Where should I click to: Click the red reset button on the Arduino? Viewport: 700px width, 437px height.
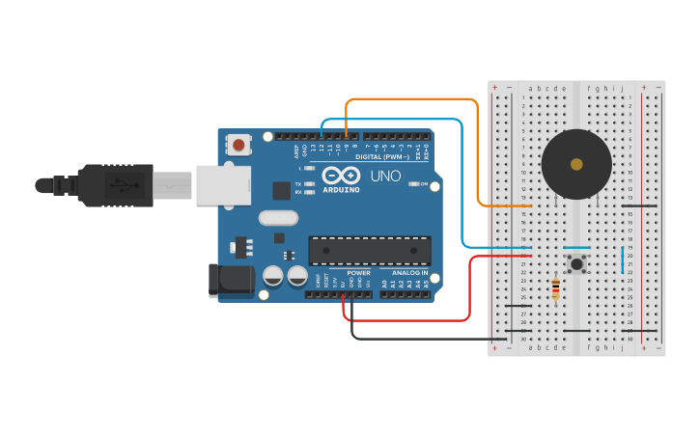(x=238, y=146)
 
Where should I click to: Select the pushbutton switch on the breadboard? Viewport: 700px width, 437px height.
(x=576, y=263)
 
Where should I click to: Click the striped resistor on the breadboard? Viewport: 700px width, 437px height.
(x=555, y=288)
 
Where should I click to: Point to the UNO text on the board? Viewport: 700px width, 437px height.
(x=385, y=177)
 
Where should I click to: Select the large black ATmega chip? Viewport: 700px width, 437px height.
(x=370, y=250)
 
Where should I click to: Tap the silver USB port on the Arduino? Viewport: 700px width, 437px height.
(x=223, y=184)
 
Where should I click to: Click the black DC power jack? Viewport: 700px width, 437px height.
(x=232, y=281)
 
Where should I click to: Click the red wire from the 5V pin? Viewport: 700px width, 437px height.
(x=469, y=289)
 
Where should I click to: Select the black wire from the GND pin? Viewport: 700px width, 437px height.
(x=425, y=338)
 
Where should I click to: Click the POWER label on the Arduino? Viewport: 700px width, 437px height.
(x=357, y=273)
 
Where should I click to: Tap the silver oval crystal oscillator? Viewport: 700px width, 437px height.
(x=278, y=218)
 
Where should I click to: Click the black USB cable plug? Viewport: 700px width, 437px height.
(x=116, y=184)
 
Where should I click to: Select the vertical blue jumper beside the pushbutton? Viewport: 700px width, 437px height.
(x=623, y=259)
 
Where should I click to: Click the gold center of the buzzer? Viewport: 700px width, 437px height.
(x=576, y=165)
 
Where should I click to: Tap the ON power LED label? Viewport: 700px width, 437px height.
(x=422, y=183)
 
